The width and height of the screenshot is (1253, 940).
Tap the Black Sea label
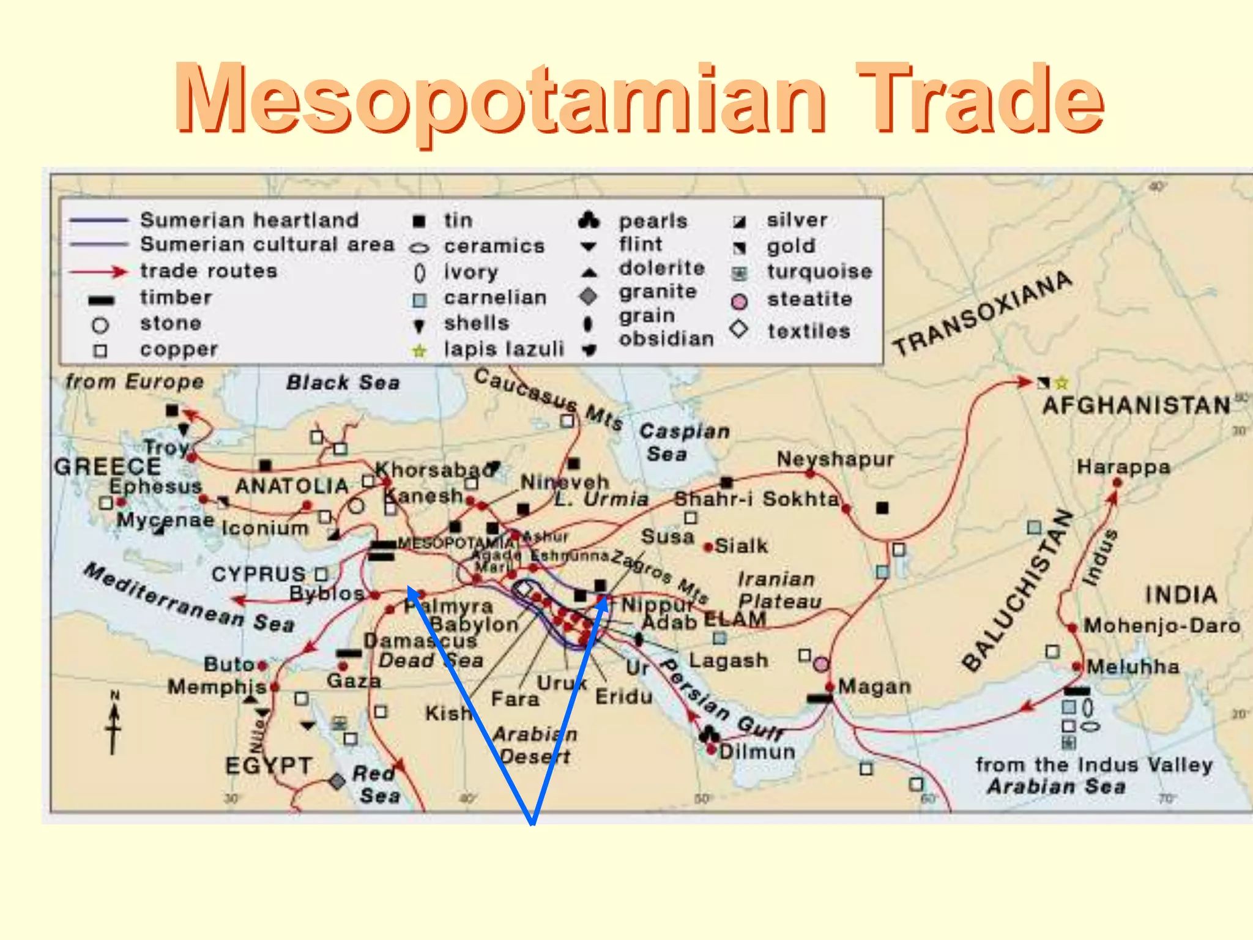pos(343,383)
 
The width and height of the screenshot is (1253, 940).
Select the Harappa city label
pos(1123,468)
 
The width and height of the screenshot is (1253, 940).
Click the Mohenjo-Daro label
pos(1162,626)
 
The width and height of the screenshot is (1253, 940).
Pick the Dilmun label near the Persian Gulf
pos(757,752)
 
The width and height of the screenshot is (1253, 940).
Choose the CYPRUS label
pos(258,575)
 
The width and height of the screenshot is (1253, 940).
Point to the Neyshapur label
pos(835,459)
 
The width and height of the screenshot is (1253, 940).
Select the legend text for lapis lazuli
pos(504,349)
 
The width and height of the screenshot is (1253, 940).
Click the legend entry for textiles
pos(809,332)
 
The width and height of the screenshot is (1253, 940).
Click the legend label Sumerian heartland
pos(249,220)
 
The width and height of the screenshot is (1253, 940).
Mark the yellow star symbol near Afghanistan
pos(1062,384)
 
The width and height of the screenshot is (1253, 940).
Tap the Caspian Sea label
pos(684,442)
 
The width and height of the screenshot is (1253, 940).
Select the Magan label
pos(874,687)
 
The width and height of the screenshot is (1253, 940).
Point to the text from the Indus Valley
pos(1094,765)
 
